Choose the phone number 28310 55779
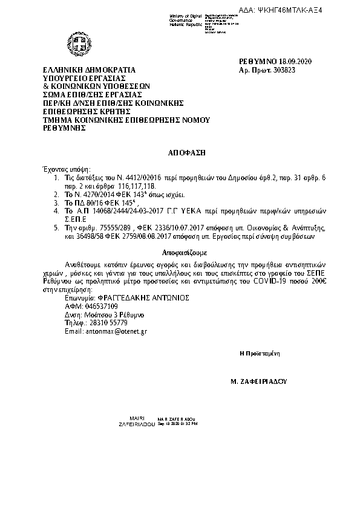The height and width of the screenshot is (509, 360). click(105, 323)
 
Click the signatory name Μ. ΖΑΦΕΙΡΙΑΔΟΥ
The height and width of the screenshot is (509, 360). click(258, 382)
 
